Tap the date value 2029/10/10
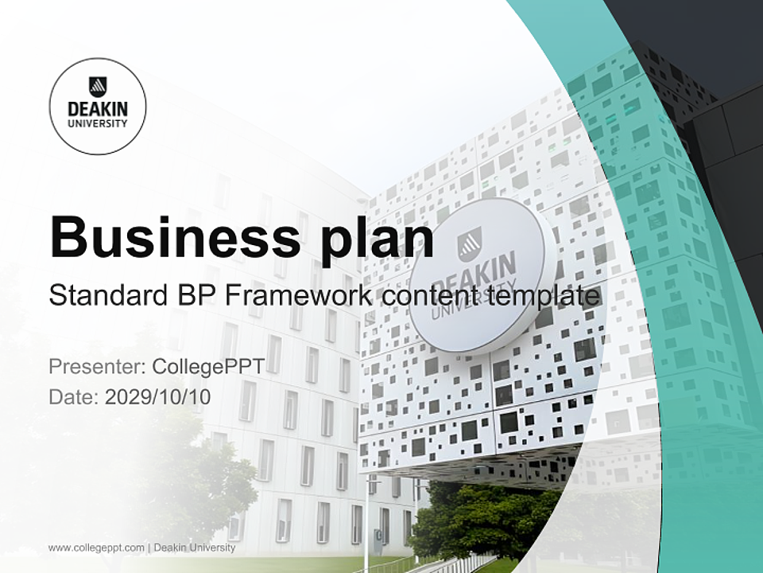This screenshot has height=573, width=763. (x=158, y=396)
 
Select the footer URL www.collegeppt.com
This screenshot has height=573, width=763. (x=96, y=548)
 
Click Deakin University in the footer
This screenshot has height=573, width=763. (x=195, y=548)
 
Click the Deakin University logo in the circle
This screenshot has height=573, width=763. (x=98, y=106)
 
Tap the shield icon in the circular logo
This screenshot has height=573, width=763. (x=98, y=86)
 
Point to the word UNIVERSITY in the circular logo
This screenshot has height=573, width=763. (x=98, y=123)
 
